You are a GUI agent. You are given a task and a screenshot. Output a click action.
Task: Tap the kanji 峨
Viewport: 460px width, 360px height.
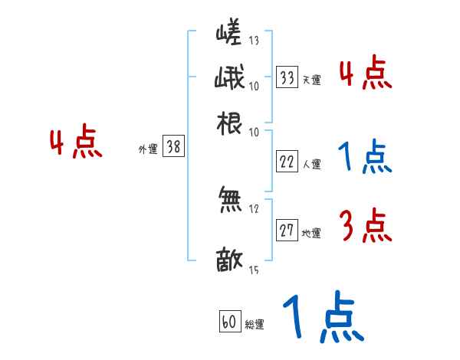(229, 80)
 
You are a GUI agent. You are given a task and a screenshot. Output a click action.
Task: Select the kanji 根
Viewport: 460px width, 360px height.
(229, 123)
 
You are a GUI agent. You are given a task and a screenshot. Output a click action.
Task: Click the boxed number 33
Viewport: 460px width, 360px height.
(287, 77)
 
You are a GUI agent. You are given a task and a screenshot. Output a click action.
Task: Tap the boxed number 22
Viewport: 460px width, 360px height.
(287, 162)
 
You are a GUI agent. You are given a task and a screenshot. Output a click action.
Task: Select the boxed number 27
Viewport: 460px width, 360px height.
(287, 231)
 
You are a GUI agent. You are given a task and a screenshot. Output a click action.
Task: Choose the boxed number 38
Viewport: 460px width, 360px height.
(174, 148)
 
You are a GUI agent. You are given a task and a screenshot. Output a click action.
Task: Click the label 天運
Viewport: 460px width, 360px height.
(311, 80)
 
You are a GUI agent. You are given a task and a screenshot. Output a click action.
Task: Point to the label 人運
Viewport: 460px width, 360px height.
(311, 164)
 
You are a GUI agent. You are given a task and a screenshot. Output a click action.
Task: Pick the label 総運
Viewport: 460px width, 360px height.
(254, 325)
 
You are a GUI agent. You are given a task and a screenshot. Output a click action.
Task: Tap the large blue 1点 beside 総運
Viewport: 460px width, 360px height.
(322, 318)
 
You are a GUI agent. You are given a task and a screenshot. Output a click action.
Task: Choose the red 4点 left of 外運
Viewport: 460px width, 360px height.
(76, 144)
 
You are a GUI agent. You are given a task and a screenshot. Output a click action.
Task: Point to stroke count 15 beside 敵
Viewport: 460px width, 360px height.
(254, 270)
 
